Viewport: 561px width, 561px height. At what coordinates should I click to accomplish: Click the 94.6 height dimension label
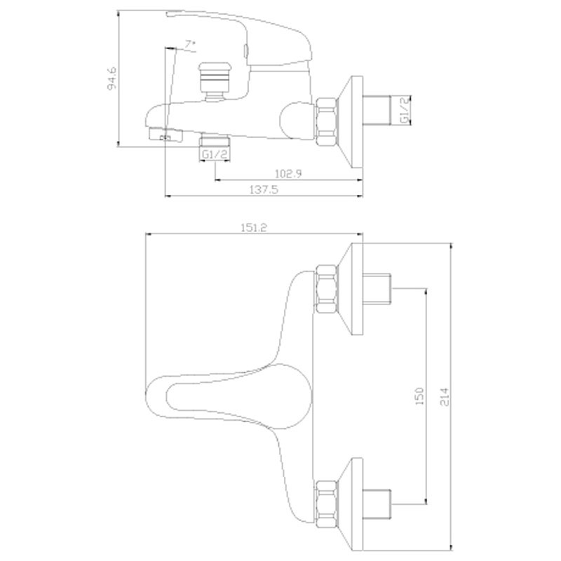tap(112, 78)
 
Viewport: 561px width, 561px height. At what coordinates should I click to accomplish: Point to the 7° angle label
tap(190, 44)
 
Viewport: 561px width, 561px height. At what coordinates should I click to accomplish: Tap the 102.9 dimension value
tap(288, 173)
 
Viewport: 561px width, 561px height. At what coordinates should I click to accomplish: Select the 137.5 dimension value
tap(264, 189)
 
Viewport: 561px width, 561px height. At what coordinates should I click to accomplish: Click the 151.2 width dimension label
tap(254, 227)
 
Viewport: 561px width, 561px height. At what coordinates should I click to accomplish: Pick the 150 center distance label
tap(419, 396)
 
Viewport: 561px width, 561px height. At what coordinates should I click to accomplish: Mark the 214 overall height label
tap(444, 396)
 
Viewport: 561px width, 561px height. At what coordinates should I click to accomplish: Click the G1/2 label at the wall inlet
tap(404, 111)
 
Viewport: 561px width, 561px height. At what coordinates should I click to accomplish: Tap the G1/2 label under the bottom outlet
tap(215, 154)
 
